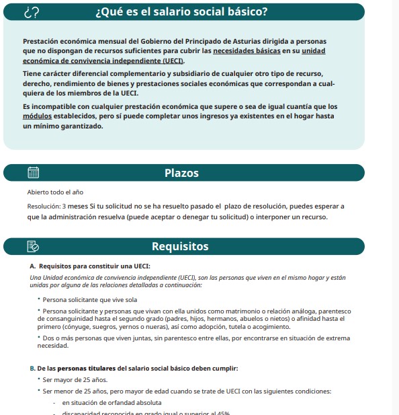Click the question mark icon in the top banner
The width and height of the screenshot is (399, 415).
32,12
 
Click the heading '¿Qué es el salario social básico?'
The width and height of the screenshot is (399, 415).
182,12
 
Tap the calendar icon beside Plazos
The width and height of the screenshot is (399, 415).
32,173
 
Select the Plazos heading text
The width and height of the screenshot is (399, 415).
181,173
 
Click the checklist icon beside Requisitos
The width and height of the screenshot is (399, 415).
32,246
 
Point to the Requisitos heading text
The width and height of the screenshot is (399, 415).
180,246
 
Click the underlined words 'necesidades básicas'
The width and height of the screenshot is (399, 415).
246,50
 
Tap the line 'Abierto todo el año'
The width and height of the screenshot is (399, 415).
55,193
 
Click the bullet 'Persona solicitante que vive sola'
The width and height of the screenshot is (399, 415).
89,299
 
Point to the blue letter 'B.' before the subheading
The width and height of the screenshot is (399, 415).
33,369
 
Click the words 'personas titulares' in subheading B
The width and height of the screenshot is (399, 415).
87,369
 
